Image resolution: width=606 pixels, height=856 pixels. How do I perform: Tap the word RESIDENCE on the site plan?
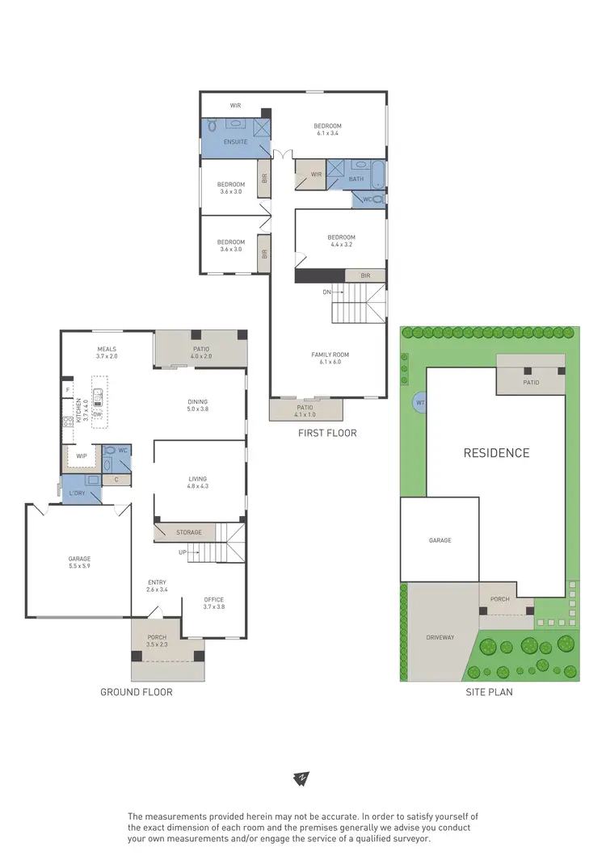click(x=496, y=453)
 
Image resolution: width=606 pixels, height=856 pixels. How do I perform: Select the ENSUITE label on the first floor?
click(x=236, y=142)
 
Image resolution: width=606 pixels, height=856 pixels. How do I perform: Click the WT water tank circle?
click(x=420, y=402)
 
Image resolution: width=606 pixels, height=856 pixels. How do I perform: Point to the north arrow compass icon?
click(x=301, y=779)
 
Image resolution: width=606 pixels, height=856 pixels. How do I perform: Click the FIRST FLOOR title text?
click(x=327, y=434)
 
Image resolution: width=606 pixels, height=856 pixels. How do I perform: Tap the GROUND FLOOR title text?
click(x=136, y=692)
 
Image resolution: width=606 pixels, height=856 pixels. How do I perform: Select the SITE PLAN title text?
click(x=489, y=692)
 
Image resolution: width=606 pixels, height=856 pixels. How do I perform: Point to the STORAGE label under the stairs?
click(x=183, y=533)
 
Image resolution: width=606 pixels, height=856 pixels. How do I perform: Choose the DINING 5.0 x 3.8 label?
click(x=198, y=405)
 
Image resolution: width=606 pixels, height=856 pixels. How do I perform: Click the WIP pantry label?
click(x=81, y=456)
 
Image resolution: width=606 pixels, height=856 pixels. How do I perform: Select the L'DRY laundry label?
click(x=78, y=493)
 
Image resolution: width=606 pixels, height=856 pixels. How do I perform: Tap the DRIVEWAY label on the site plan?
click(x=440, y=637)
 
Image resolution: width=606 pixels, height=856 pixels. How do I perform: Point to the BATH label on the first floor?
click(x=356, y=179)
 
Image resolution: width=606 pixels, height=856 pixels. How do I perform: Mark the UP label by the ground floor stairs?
click(x=183, y=552)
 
